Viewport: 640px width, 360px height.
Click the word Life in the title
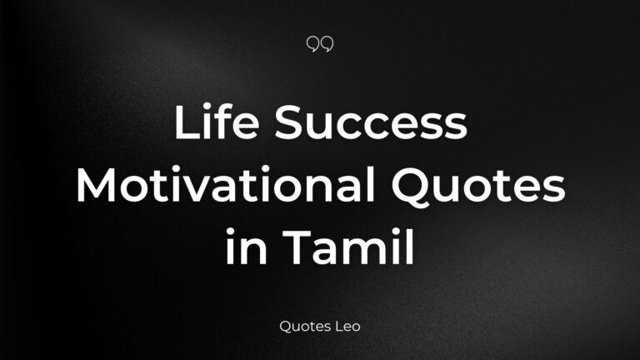pos(217,122)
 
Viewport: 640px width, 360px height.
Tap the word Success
pos(371,122)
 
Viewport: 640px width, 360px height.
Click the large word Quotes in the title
pos(478,186)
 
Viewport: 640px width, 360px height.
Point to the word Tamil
pos(348,247)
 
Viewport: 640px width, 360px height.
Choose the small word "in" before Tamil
pos(247,247)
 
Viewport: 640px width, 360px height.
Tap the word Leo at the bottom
pos(347,327)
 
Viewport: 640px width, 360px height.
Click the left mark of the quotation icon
pos(312,43)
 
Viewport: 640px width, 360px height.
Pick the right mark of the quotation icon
pos(327,43)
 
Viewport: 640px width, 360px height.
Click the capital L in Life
pos(187,122)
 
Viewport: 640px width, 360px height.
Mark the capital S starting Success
pos(288,122)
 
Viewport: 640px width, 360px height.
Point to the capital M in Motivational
pos(97,185)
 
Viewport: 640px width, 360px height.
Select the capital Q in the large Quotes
pos(409,187)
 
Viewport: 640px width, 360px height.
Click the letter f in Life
pos(224,122)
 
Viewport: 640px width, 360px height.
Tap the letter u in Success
pos(321,127)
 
